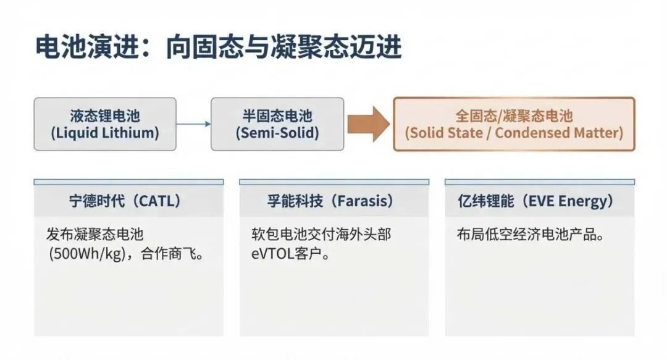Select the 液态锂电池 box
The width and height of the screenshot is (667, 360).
point(104,123)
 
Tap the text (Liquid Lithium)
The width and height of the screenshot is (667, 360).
point(104,133)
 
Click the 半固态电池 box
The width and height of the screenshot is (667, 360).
point(277,123)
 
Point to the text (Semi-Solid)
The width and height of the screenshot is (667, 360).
point(277,133)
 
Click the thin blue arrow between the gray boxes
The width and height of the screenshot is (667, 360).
point(193,124)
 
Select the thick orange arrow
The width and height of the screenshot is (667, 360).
point(368,123)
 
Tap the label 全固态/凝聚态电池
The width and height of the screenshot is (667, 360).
point(514,115)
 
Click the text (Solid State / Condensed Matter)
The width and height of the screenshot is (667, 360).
point(514,133)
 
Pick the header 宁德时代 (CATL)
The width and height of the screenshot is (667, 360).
point(128,201)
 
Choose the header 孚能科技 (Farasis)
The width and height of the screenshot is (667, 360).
point(334,201)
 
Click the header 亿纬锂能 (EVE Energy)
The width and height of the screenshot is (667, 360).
point(540,201)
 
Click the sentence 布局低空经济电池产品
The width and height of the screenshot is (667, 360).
point(529,235)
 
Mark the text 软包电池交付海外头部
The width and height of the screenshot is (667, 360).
point(321,235)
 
